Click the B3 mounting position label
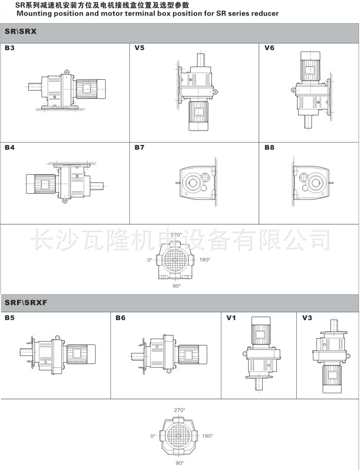pos(10,48)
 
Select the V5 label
pos(140,48)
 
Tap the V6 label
pos(269,48)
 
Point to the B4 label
pos(10,147)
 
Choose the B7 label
pos(140,147)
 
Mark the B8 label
pos(269,147)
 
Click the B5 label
pos(10,318)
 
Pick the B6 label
pos(121,318)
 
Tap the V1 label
pos(231,318)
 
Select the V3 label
pos(307,318)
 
